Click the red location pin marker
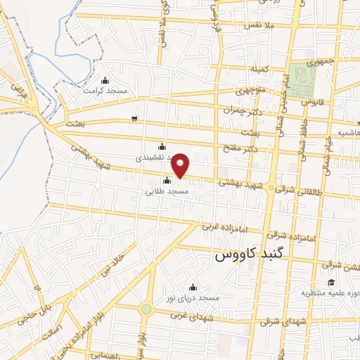tap(181, 165)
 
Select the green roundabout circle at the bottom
tap(146, 309)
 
